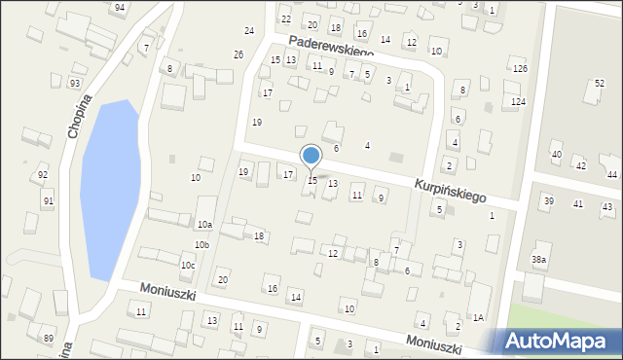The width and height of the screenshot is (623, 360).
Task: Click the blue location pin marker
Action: point(311,156)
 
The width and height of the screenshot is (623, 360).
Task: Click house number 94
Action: point(119,8)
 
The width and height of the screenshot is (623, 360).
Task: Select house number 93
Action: point(75,84)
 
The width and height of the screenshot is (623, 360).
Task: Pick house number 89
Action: point(49,339)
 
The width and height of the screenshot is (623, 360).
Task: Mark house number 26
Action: point(238,54)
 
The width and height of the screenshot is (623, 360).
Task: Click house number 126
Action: point(520,69)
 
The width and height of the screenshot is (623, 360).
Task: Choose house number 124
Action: point(519,102)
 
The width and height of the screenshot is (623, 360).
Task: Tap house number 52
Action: point(600,84)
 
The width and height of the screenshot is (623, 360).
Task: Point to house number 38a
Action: point(538,260)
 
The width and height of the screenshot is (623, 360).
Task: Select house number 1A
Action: point(478,317)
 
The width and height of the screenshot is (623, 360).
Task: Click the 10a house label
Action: point(204,226)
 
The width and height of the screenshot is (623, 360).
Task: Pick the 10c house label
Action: point(188,266)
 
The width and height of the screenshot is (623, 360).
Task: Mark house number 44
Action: point(611,175)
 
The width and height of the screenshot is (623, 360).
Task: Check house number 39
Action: point(548,201)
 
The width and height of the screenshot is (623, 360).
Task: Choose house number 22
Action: point(285,19)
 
